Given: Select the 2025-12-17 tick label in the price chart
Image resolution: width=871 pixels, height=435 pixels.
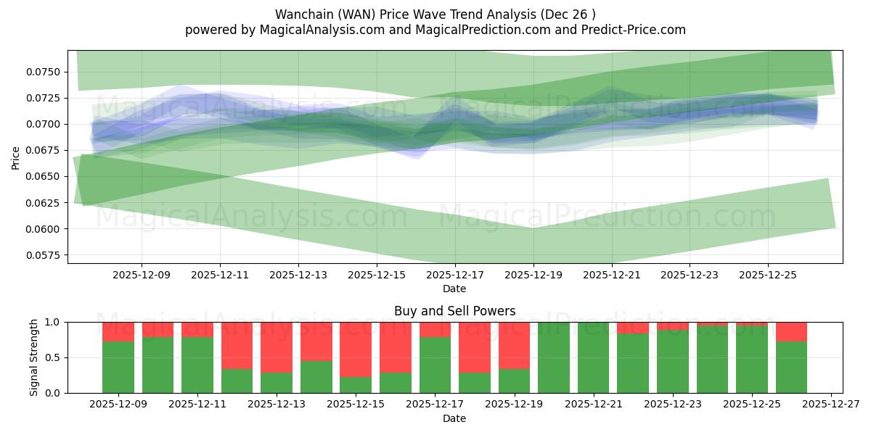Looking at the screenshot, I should pyautogui.click(x=455, y=275).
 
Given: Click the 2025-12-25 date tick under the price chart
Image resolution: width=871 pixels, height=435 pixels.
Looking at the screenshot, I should pyautogui.click(x=769, y=275).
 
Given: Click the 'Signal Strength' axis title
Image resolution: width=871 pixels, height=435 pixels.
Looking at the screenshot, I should pyautogui.click(x=33, y=357).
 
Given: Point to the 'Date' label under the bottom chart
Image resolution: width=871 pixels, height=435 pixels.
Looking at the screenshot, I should pyautogui.click(x=454, y=418).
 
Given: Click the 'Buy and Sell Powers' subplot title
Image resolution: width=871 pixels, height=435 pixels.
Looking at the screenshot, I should pyautogui.click(x=454, y=311).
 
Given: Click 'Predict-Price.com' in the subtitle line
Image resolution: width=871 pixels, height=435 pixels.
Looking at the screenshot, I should pyautogui.click(x=631, y=30).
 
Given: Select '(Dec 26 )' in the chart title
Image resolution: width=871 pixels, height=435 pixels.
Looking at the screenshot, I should pyautogui.click(x=569, y=14).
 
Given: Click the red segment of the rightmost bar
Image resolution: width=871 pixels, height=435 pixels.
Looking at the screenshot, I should pyautogui.click(x=791, y=331).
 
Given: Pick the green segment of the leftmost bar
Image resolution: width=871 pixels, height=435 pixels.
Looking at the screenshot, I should pyautogui.click(x=118, y=367).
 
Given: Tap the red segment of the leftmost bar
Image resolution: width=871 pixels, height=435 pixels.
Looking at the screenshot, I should pyautogui.click(x=118, y=331).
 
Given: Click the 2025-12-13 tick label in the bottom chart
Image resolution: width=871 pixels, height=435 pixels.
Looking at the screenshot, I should pyautogui.click(x=277, y=405).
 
